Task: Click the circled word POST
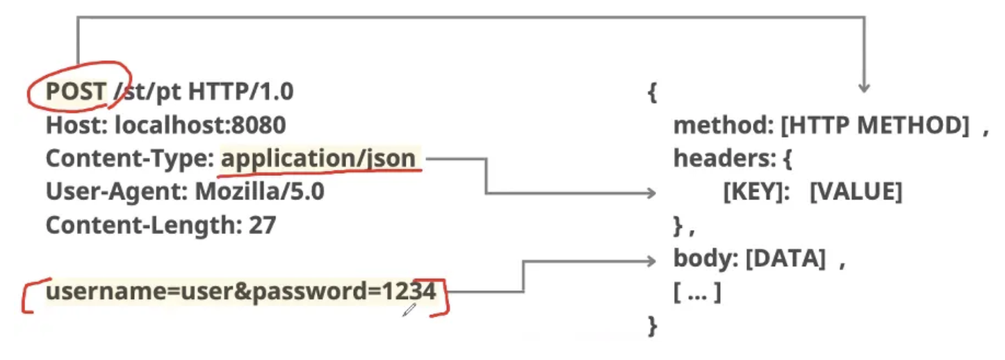coord(76,91)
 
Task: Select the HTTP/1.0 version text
coord(240,91)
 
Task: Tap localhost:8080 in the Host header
coord(200,125)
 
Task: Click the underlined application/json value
coord(318,159)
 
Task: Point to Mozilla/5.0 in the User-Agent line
coord(259,191)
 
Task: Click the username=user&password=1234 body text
coord(240,292)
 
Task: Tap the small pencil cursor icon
coord(409,310)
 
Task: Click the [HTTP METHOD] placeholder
coord(874,125)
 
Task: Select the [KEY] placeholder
coord(753,192)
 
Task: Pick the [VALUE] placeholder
coord(856,192)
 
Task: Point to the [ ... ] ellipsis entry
coord(697,293)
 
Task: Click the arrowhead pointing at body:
coord(651,261)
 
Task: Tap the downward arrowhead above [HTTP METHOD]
coord(864,88)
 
